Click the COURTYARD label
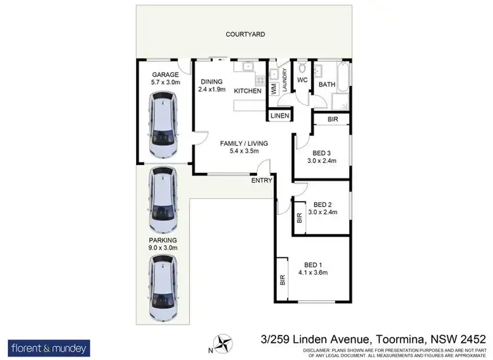(x=245, y=34)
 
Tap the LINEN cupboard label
(x=278, y=116)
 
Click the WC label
(x=302, y=80)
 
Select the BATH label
(x=327, y=85)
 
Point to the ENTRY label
(x=261, y=179)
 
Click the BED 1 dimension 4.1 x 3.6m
(x=312, y=272)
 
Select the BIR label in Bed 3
(x=332, y=120)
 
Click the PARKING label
(x=162, y=240)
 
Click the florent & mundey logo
(x=49, y=347)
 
